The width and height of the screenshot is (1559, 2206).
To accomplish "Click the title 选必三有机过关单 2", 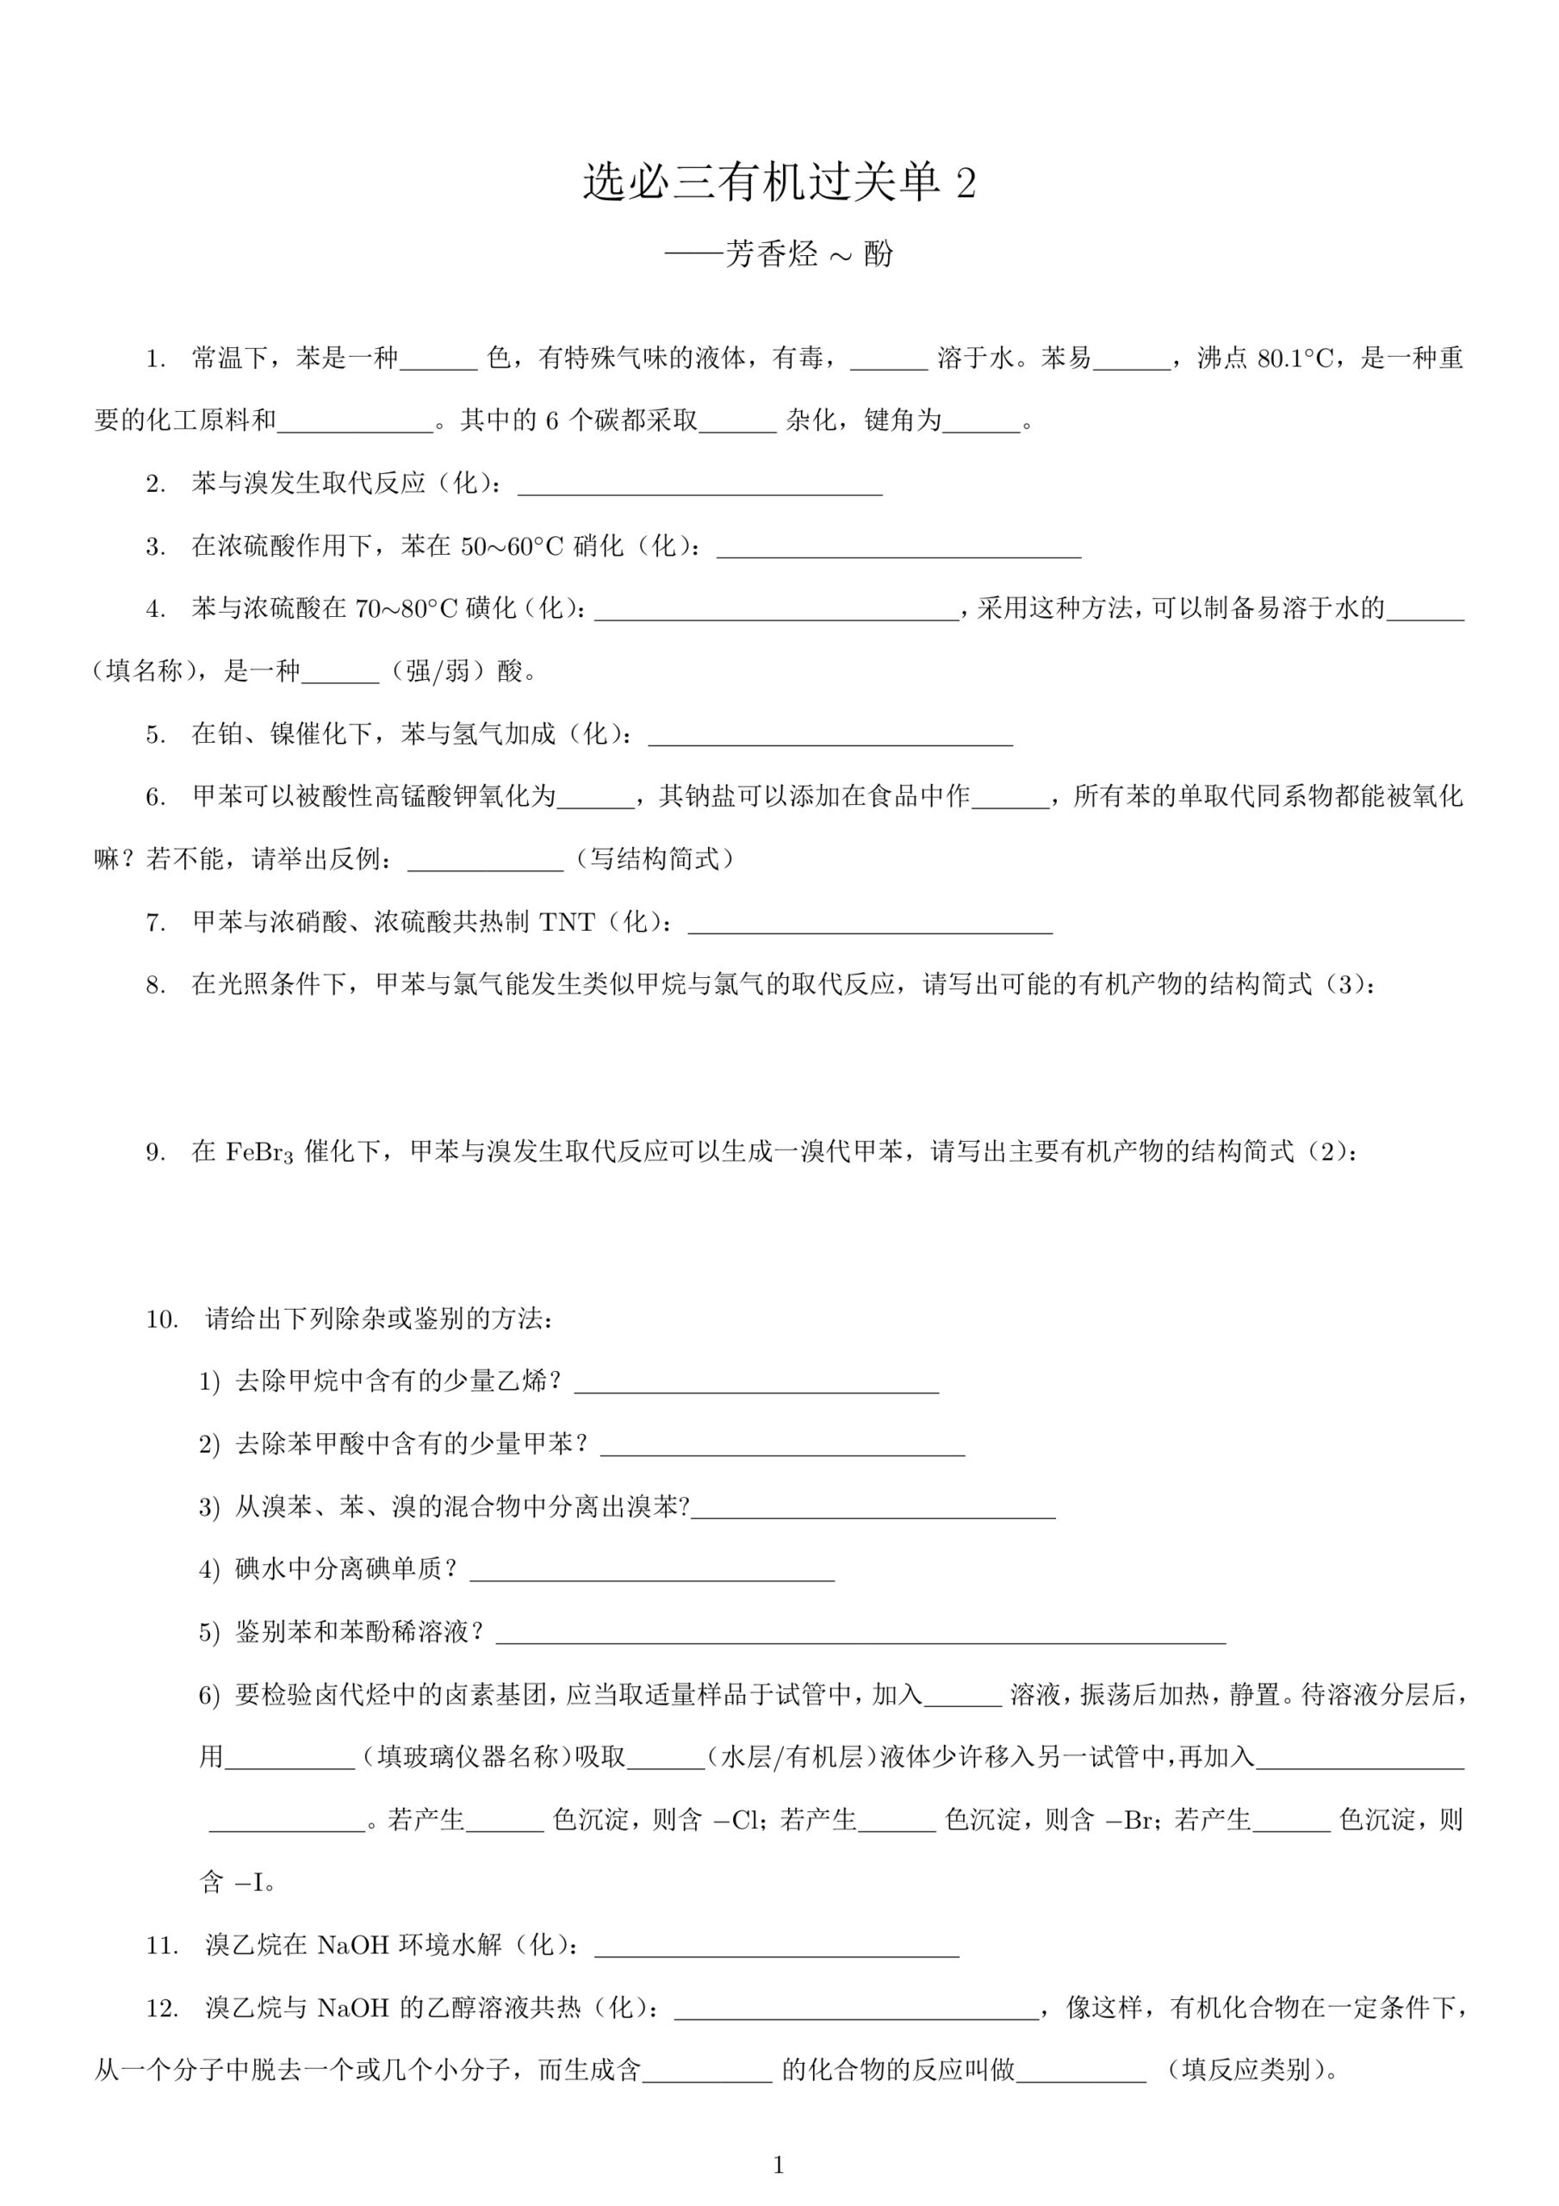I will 779,183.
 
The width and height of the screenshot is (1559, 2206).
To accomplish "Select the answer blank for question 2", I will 699,486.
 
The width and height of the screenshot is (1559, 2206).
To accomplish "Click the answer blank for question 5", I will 830,735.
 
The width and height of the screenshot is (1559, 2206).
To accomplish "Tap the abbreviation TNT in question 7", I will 567,923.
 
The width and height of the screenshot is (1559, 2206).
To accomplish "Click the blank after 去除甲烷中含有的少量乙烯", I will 756,1384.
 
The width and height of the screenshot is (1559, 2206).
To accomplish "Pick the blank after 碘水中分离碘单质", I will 651,1571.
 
